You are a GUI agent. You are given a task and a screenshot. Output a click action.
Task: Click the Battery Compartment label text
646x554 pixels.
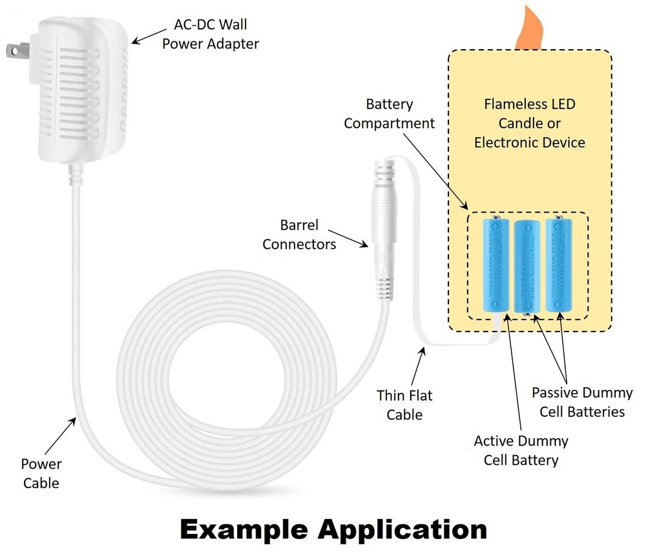(x=389, y=113)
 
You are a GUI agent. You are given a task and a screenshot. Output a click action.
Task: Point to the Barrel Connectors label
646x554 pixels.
(x=299, y=235)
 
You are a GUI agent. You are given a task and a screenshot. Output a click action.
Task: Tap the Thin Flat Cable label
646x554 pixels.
(x=404, y=405)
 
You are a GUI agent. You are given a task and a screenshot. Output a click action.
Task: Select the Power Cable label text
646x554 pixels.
(x=41, y=473)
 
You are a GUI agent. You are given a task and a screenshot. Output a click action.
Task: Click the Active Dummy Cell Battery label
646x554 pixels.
(x=521, y=450)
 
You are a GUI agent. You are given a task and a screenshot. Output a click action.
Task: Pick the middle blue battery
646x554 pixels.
(x=528, y=266)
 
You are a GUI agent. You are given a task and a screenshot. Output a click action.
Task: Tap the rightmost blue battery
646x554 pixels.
(x=559, y=265)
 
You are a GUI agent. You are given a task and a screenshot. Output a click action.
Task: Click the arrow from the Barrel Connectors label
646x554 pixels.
(x=352, y=240)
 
